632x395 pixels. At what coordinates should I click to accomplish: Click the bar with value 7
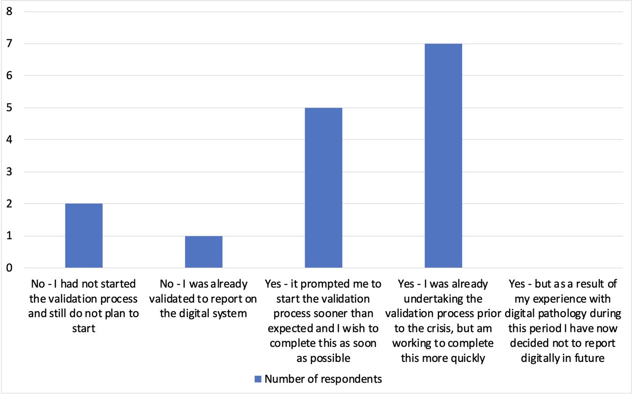point(443,155)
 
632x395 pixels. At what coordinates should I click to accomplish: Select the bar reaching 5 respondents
point(323,188)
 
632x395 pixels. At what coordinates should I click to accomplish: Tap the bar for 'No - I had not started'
point(84,236)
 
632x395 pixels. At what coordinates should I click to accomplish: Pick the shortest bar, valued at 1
point(204,251)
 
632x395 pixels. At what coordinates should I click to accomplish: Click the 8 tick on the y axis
point(9,11)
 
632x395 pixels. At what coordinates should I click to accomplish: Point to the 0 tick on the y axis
point(9,268)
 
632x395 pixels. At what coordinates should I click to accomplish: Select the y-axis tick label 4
point(9,140)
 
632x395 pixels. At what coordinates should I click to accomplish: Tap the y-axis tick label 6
point(9,75)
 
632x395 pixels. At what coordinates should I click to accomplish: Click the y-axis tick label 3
point(9,172)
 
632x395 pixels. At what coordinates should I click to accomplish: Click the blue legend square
point(258,379)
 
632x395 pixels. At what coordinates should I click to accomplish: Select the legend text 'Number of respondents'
point(323,379)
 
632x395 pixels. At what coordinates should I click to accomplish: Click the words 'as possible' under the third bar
point(323,359)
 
